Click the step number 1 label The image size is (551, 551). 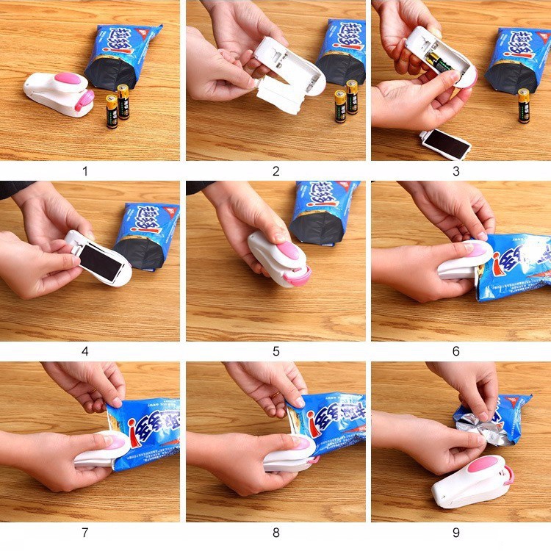tap(85, 171)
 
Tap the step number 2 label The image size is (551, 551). tap(275, 171)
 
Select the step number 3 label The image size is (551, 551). tap(455, 171)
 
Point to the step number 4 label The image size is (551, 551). tap(85, 351)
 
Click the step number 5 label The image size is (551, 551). tap(275, 351)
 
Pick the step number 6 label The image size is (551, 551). tap(455, 351)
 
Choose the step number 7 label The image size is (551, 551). tap(85, 531)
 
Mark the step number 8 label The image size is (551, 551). tap(275, 531)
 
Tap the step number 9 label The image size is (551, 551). tap(455, 531)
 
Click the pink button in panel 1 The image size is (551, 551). tap(58, 80)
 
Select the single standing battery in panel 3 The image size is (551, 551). tap(524, 105)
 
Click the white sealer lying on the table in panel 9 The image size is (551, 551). tap(470, 481)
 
